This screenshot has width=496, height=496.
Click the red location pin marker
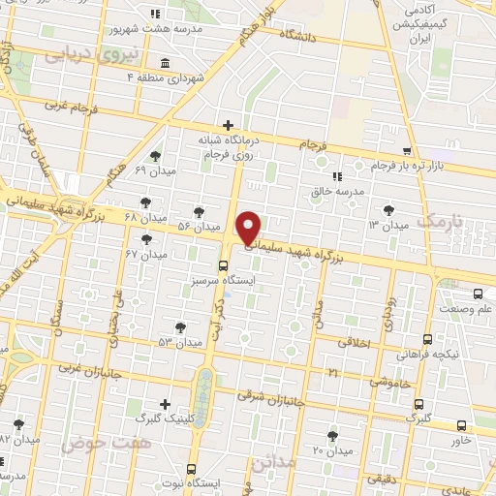coord(250,227)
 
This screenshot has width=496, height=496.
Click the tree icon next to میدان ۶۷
coord(147,238)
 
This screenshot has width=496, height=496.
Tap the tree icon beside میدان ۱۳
coord(388,209)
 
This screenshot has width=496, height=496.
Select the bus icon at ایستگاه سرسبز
coord(224,263)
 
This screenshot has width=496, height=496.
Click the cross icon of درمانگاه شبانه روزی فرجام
coord(228,125)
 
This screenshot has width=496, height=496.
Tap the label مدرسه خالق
coord(342,191)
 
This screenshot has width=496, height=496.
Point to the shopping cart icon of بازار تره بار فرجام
coord(408,151)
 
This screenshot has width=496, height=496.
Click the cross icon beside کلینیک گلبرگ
coord(166,404)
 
